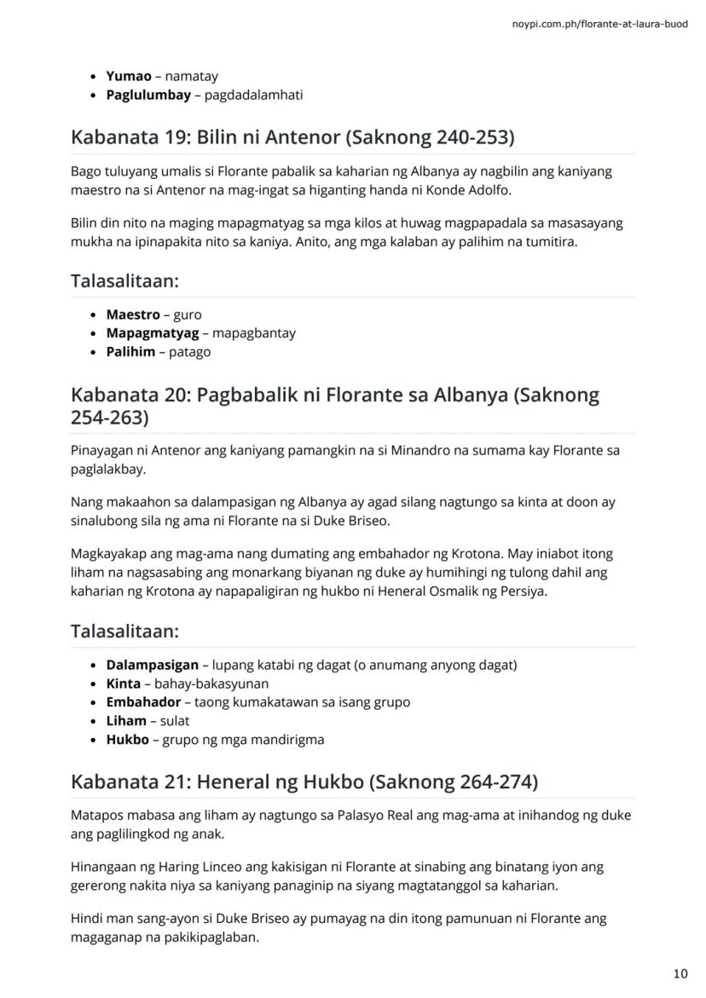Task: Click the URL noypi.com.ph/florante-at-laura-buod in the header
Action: [x=599, y=24]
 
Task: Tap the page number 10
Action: [x=680, y=972]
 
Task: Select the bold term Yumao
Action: [x=128, y=77]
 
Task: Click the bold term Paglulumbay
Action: [x=148, y=95]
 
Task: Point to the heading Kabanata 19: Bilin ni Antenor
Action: [x=292, y=137]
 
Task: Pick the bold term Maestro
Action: [x=133, y=314]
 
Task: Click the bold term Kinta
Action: [x=124, y=684]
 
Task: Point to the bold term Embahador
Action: [x=143, y=702]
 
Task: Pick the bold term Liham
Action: [x=126, y=721]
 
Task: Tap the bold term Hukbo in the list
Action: [x=127, y=740]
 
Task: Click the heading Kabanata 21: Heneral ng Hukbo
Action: [x=304, y=782]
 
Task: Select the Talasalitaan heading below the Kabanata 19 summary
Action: [x=124, y=280]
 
